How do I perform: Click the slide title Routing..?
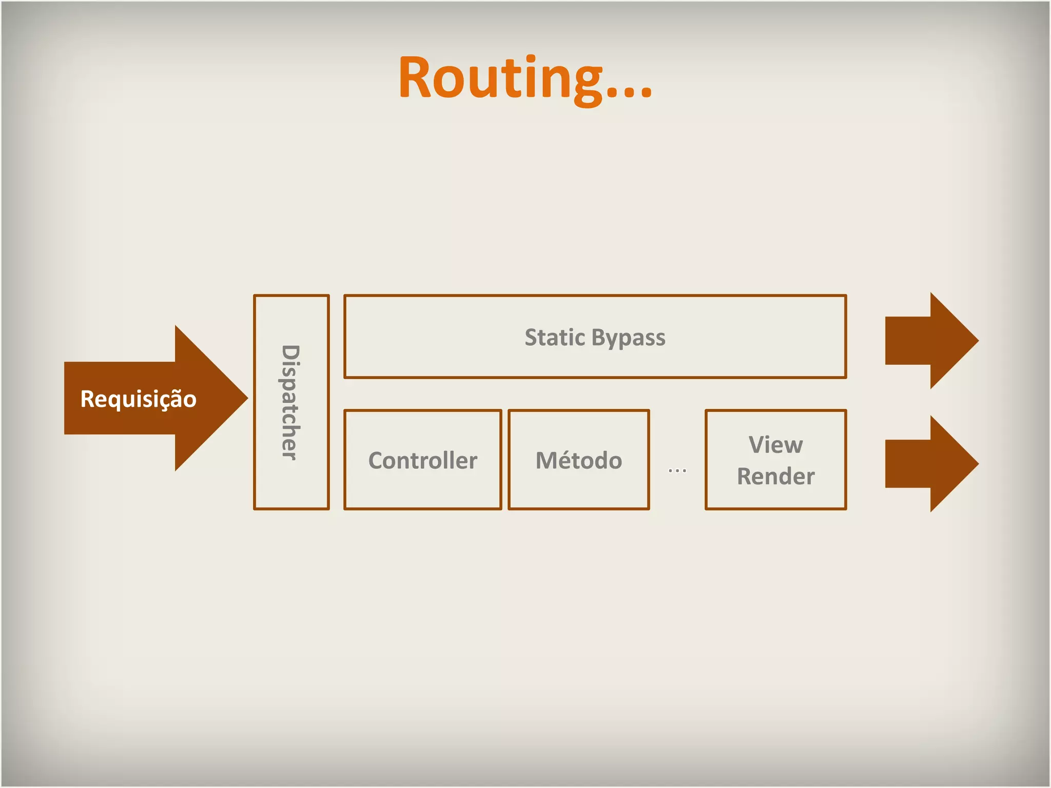pos(524,78)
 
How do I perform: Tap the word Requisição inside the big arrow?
pos(139,399)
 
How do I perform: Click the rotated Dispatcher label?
pos(290,402)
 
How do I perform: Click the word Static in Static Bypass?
pos(555,338)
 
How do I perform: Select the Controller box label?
pos(422,460)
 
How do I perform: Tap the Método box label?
pos(579,460)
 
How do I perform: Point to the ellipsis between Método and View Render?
pos(677,470)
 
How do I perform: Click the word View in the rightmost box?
pos(775,444)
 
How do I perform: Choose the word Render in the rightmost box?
pos(775,476)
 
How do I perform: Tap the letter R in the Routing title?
pos(417,78)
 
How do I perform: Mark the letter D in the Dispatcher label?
pos(290,353)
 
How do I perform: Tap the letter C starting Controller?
pos(377,460)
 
